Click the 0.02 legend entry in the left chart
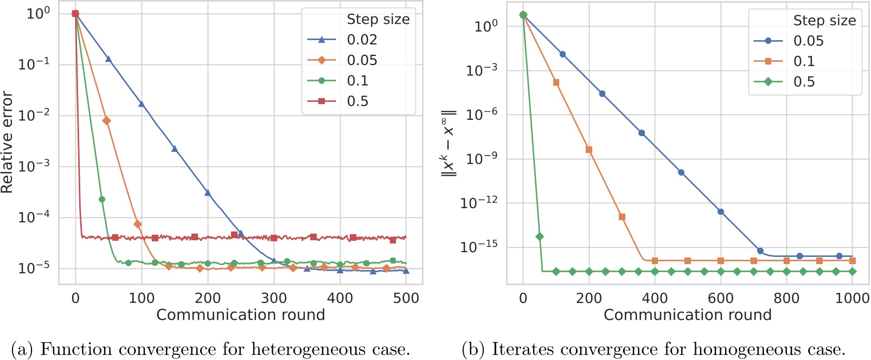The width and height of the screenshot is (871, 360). click(x=362, y=40)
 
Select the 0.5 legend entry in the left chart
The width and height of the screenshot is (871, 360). click(x=357, y=101)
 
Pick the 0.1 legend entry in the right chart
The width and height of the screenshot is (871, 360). click(x=804, y=61)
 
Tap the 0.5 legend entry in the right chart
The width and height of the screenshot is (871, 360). click(x=804, y=82)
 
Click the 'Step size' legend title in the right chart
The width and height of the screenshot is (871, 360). click(x=824, y=21)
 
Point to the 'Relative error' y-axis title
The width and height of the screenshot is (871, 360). click(x=7, y=142)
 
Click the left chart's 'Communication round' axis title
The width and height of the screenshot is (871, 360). click(x=240, y=315)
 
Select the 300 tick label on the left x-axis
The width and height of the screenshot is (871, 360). click(x=273, y=298)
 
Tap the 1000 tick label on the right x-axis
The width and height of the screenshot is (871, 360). click(x=852, y=298)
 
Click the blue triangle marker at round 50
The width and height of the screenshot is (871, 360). click(x=108, y=59)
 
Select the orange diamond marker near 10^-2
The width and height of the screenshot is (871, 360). click(x=106, y=120)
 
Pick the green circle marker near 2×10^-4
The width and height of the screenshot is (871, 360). click(x=102, y=200)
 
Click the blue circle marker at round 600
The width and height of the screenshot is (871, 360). click(x=721, y=212)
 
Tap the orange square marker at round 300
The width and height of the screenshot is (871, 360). click(x=622, y=217)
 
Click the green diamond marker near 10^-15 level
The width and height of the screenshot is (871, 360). click(x=539, y=236)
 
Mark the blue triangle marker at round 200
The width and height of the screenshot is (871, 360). click(x=207, y=192)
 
